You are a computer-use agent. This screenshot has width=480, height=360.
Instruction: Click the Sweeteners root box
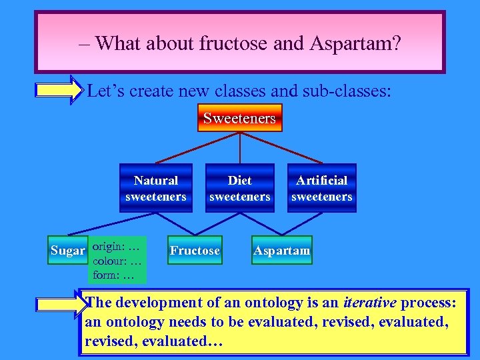click(x=239, y=118)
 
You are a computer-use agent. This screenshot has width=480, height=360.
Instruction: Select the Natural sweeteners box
click(x=155, y=188)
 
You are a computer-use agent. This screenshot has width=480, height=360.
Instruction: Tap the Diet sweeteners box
click(x=239, y=188)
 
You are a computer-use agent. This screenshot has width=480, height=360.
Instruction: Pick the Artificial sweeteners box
click(x=321, y=188)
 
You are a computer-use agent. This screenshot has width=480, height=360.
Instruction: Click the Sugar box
click(x=68, y=251)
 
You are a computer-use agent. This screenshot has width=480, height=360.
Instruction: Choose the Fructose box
click(x=194, y=251)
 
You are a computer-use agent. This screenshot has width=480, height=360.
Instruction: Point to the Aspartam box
click(x=281, y=251)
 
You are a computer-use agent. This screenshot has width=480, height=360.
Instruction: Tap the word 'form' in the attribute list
click(x=105, y=275)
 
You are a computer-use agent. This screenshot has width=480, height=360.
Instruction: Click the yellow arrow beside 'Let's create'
click(x=59, y=90)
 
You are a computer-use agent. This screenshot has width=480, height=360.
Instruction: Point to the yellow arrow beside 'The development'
click(x=59, y=304)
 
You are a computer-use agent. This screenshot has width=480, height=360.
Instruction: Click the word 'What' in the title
click(x=119, y=43)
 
